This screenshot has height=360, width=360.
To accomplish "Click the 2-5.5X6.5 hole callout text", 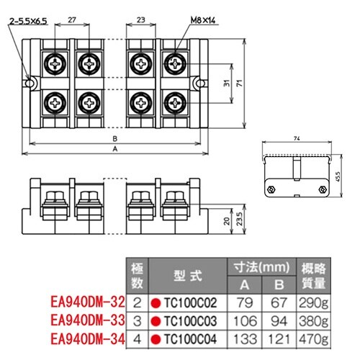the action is pyautogui.click(x=28, y=22).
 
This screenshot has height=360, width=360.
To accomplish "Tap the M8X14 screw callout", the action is pyautogui.click(x=203, y=20).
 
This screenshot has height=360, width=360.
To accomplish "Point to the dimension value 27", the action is pyautogui.click(x=72, y=20).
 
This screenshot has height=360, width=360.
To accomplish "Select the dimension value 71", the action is pyautogui.click(x=239, y=84).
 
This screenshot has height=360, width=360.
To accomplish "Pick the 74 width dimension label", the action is pyautogui.click(x=297, y=138).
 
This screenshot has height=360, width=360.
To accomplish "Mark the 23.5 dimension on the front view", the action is pyautogui.click(x=239, y=219).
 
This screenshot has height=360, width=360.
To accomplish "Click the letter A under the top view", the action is pyautogui.click(x=115, y=149).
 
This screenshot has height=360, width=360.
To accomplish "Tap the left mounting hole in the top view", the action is pyautogui.click(x=29, y=84).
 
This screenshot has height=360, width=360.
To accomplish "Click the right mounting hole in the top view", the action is pyautogui.click(x=200, y=84).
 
